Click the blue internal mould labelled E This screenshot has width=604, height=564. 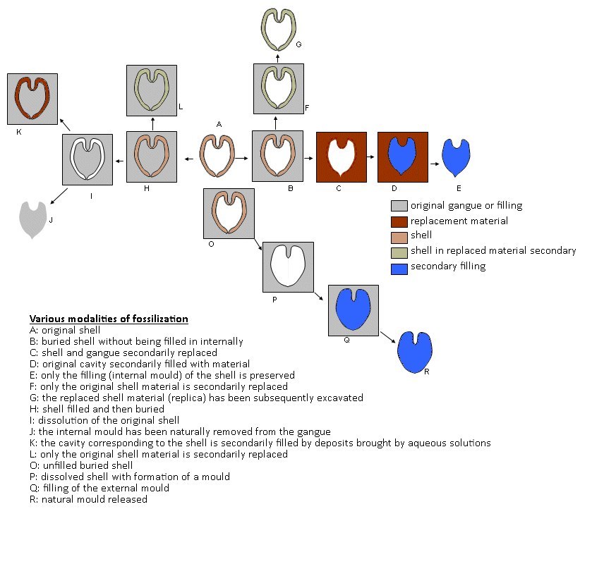(x=456, y=157)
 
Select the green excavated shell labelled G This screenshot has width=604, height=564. (x=278, y=27)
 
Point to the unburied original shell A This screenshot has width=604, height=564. (x=217, y=155)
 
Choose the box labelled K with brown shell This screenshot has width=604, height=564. (x=32, y=99)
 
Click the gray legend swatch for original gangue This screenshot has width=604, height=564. (x=399, y=206)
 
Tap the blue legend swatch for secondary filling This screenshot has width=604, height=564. (x=399, y=266)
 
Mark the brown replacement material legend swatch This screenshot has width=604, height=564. (x=399, y=221)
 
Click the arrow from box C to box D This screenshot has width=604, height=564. (x=372, y=157)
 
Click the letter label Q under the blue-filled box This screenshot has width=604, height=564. (x=346, y=340)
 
